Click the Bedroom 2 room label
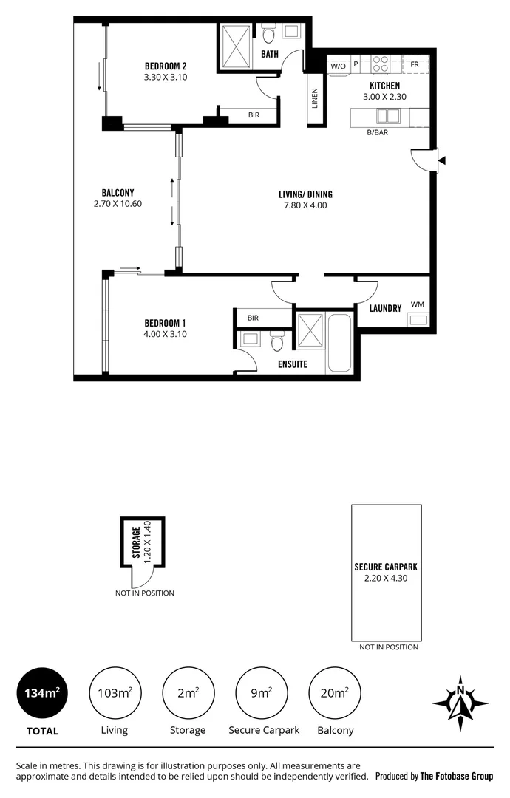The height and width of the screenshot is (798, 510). point(166,64)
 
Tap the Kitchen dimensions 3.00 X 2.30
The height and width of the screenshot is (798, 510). point(384,97)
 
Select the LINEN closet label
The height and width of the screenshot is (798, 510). point(315,98)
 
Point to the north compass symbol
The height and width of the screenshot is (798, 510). point(460,699)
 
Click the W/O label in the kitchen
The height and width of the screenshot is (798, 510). point(338,66)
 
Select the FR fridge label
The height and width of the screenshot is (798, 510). point(415,65)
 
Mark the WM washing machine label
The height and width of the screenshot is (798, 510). point(417,304)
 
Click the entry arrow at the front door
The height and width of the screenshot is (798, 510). point(442,160)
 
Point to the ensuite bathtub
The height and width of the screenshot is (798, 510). point(341,343)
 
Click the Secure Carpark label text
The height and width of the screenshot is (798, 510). point(386,567)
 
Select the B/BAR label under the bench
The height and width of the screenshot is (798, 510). point(378,133)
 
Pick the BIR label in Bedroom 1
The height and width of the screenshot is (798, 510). point(254,318)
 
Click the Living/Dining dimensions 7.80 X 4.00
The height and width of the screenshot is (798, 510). point(305,205)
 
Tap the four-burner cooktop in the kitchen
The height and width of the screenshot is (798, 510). point(381,65)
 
